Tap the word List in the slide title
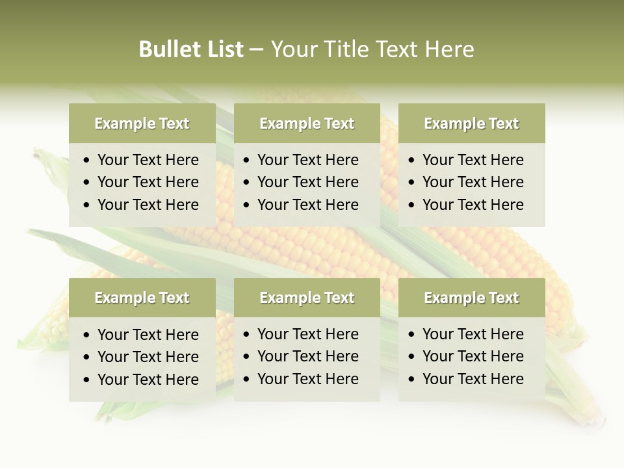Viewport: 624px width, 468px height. coord(224,49)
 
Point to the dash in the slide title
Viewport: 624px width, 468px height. coord(256,50)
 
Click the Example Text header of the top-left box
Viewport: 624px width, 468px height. coord(142,123)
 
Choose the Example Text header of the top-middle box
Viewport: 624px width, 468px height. coord(307,123)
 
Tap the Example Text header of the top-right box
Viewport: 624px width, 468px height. coord(471,123)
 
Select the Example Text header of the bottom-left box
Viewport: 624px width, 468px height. coord(142,298)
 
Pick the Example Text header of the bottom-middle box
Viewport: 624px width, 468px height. coord(307,298)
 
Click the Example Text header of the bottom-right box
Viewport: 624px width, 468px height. coord(471,298)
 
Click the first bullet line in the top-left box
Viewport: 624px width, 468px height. coord(148,160)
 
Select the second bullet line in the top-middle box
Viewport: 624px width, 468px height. coord(308,182)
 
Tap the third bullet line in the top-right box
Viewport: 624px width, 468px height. coord(473,205)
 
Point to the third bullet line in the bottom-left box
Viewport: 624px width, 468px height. coord(148,380)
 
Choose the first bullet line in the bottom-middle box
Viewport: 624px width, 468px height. coord(308,334)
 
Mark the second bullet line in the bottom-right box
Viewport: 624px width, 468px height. coord(473,356)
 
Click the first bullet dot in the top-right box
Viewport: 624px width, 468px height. coord(412,161)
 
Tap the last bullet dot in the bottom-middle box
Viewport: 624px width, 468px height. coord(247,380)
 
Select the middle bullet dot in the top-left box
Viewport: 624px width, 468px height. coord(87,183)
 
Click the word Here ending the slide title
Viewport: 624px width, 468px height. coord(449,49)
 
